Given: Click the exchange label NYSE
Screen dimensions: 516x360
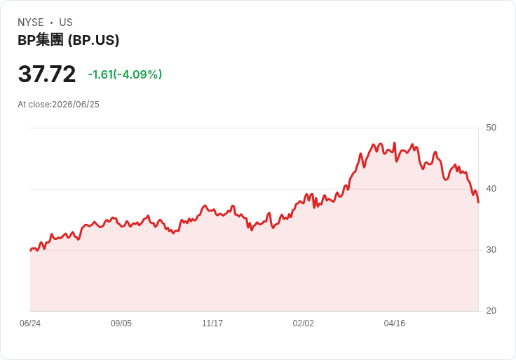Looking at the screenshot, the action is pyautogui.click(x=31, y=22).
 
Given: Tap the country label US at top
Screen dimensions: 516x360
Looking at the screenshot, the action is pyautogui.click(x=66, y=22).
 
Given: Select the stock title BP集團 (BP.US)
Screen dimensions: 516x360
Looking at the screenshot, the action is pyautogui.click(x=69, y=40).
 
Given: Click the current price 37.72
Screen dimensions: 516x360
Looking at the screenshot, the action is pyautogui.click(x=47, y=74).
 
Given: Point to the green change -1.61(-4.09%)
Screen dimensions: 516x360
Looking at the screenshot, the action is pyautogui.click(x=125, y=74).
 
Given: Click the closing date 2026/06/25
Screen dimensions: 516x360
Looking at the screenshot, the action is pyautogui.click(x=76, y=105).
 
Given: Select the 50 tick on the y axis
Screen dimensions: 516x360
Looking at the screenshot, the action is pyautogui.click(x=491, y=128).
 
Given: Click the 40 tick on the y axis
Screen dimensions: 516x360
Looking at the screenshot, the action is pyautogui.click(x=491, y=189).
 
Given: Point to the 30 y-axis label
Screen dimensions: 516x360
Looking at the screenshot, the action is pyautogui.click(x=491, y=250).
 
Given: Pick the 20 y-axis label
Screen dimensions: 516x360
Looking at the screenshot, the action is pyautogui.click(x=491, y=311).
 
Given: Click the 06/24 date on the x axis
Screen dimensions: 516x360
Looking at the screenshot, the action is pyautogui.click(x=30, y=324).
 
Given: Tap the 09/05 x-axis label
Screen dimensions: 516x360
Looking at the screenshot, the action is pyautogui.click(x=121, y=324).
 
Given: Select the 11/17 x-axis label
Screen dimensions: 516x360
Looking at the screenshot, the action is pyautogui.click(x=212, y=324).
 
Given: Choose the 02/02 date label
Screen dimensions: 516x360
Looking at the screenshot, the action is pyautogui.click(x=303, y=324).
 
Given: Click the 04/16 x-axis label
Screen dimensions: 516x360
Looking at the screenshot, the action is pyautogui.click(x=394, y=324).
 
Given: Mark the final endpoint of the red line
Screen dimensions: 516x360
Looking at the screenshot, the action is pyautogui.click(x=478, y=202).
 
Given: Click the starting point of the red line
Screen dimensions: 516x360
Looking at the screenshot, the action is pyautogui.click(x=31, y=251).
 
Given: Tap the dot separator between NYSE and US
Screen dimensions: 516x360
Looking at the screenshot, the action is pyautogui.click(x=51, y=22).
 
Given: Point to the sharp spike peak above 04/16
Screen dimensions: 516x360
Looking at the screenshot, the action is pyautogui.click(x=395, y=142).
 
